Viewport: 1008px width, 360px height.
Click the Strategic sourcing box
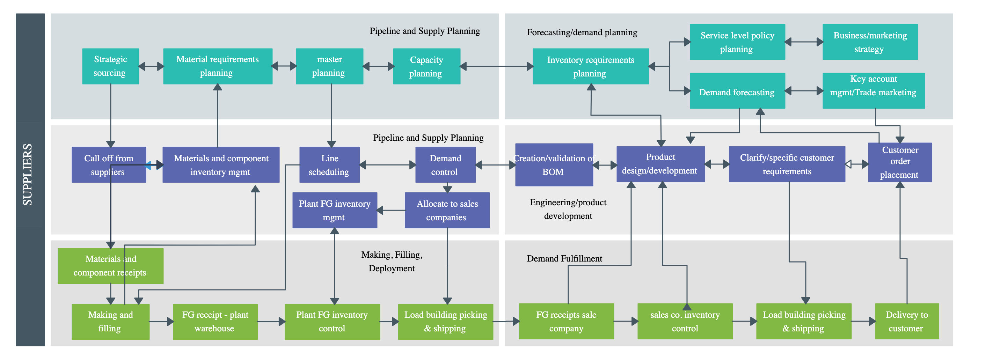pos(110,66)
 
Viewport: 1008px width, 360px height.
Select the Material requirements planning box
pos(218,66)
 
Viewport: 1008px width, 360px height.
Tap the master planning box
pos(329,66)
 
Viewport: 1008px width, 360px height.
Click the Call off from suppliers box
pos(108,165)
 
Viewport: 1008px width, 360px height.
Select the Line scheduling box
pos(329,165)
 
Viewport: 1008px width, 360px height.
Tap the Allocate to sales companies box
pos(447,210)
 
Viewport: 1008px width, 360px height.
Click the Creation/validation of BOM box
pos(554,165)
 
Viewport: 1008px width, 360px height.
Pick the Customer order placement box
pos(899,162)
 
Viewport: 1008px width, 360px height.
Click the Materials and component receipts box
pos(110,266)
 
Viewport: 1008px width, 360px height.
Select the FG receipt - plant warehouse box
pos(215,321)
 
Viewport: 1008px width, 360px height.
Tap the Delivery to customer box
pos(906,321)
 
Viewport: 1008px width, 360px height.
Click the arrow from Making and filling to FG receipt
pos(161,322)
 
